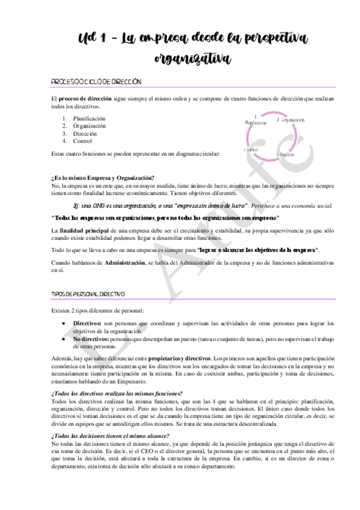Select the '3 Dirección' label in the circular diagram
[285, 155]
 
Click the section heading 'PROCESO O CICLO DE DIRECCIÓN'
[96, 81]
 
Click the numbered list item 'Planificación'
[89, 118]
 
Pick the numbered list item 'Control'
[82, 142]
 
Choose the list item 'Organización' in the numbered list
[90, 126]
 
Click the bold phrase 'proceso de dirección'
[88, 97]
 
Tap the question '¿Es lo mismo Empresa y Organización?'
[103, 177]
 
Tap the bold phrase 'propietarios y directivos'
[179, 358]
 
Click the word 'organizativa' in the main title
[192, 58]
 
